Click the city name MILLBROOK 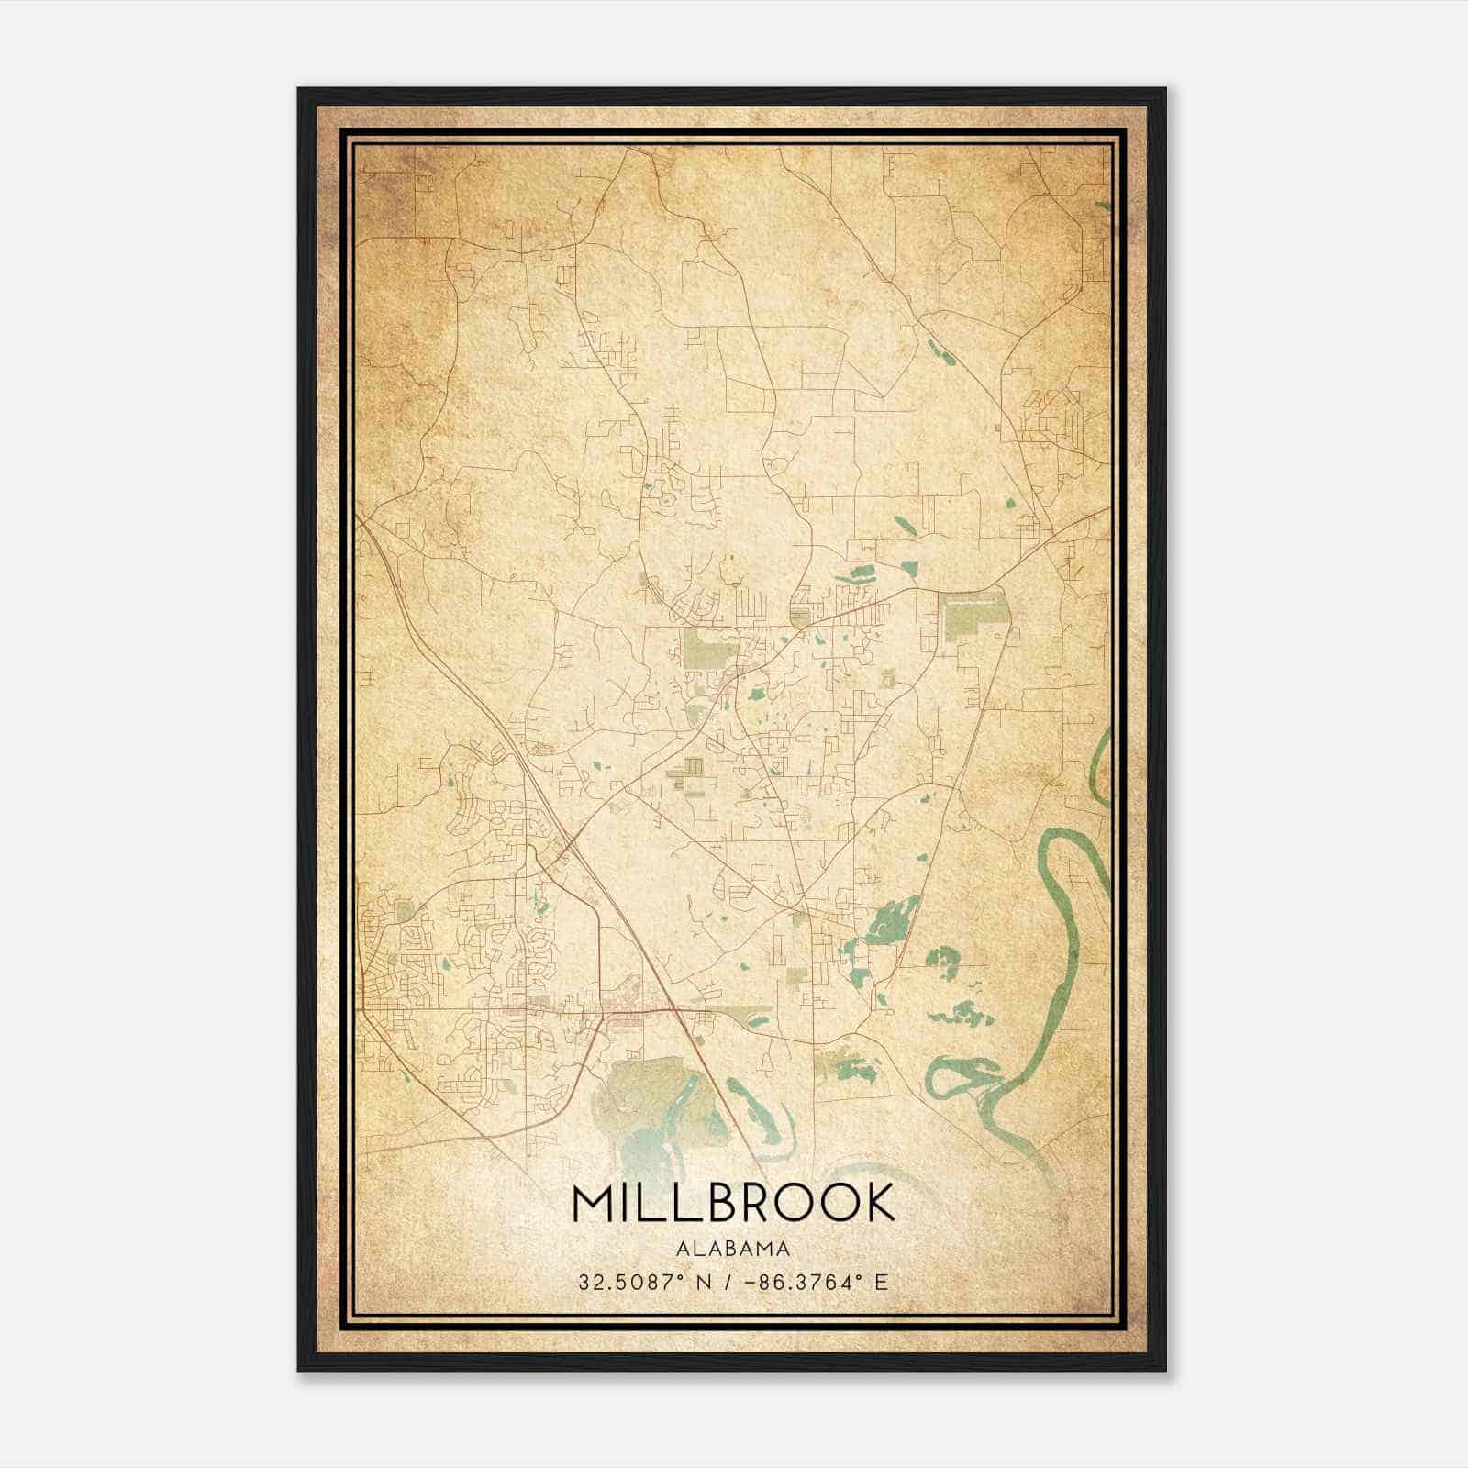point(733,1203)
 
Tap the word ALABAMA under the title point(733,1249)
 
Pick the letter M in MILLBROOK point(592,1203)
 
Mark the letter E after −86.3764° point(882,1282)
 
